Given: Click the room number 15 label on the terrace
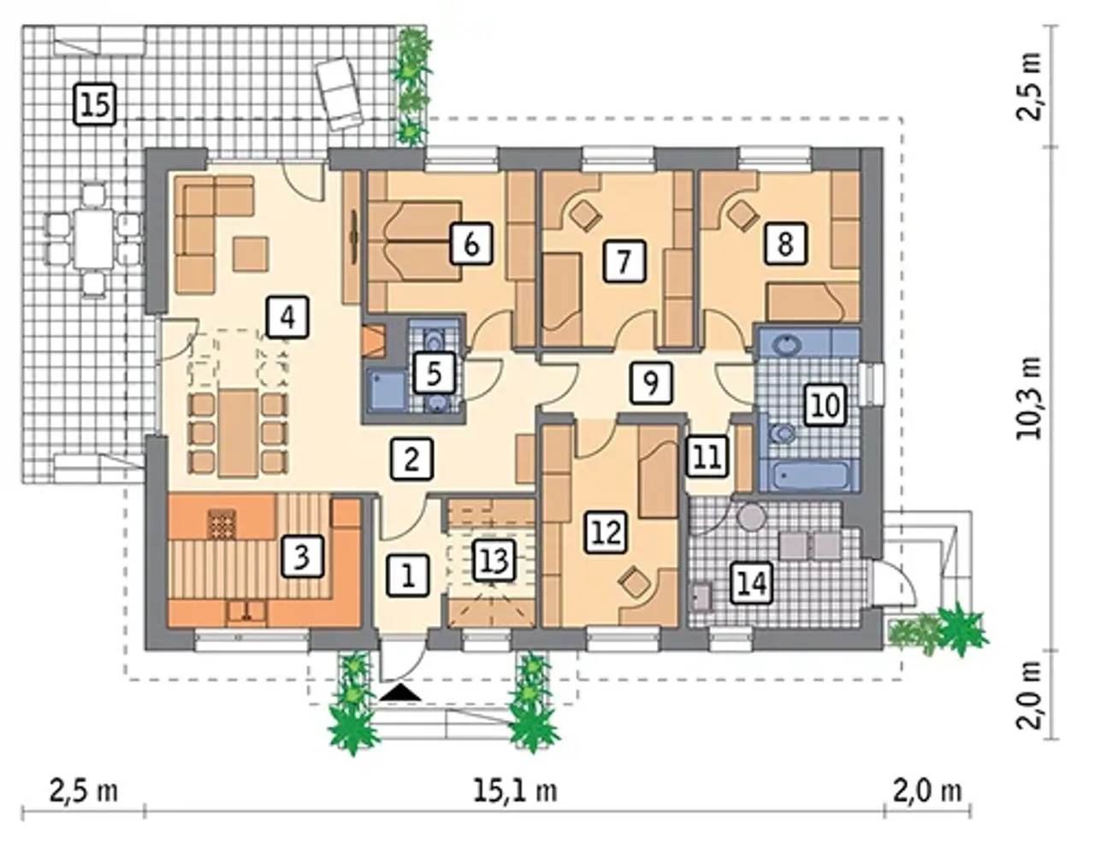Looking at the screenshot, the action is tap(95, 105).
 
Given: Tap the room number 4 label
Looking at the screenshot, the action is tap(287, 317).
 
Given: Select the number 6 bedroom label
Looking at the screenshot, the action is tap(471, 245).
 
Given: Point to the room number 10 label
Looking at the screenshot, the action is tap(825, 405).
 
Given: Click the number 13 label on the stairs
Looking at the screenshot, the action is tap(494, 561).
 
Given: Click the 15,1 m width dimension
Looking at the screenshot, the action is tap(515, 791).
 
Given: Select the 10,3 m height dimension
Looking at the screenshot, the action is tap(1028, 398).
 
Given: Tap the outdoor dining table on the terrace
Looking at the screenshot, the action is tap(94, 239).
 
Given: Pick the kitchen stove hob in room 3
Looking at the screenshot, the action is tap(222, 524).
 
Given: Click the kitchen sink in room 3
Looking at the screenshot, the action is tap(246, 611).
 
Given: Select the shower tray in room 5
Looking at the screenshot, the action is tap(387, 390).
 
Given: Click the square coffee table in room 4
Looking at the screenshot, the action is tap(251, 255).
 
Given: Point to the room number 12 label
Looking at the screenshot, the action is tap(607, 533).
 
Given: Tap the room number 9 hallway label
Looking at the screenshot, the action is tap(651, 383).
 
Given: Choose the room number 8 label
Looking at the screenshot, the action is tap(785, 245).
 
